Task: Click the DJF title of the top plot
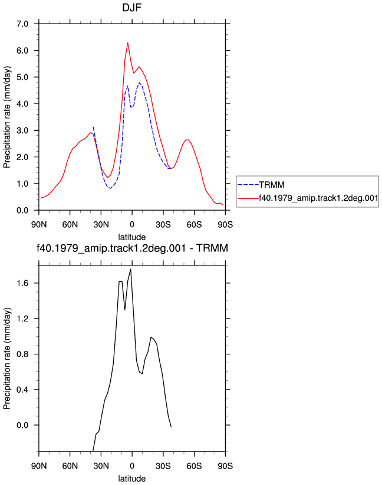[x=131, y=7]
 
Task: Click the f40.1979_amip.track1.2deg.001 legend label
[x=318, y=198]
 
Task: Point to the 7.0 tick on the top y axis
[x=22, y=24]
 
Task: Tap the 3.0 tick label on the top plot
[x=22, y=130]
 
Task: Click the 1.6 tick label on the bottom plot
[x=22, y=283]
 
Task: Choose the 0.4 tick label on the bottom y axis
[x=22, y=390]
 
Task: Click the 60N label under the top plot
[x=70, y=224]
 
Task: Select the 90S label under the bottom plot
[x=225, y=466]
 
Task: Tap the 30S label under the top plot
[x=163, y=224]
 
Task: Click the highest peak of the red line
[x=128, y=43]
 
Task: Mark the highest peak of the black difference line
[x=131, y=269]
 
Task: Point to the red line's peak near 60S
[x=187, y=139]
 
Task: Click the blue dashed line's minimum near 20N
[x=110, y=188]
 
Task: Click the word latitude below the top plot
[x=131, y=237]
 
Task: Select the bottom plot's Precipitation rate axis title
[x=7, y=358]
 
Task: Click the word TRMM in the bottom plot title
[x=212, y=248]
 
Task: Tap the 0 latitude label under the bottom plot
[x=132, y=466]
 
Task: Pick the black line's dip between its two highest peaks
[x=125, y=310]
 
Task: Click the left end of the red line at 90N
[x=41, y=198]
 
